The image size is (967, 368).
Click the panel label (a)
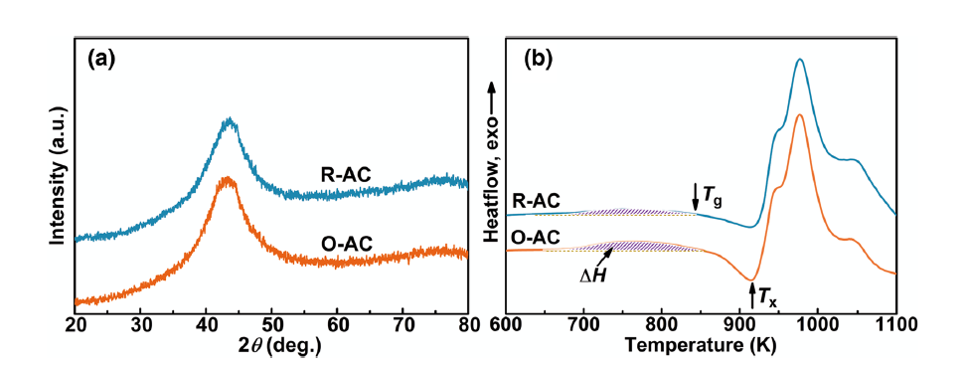tap(101, 60)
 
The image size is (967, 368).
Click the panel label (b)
tap(538, 60)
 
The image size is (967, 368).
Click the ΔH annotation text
tap(592, 276)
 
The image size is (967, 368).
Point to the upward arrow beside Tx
tap(751, 294)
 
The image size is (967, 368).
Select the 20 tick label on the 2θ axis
tap(75, 323)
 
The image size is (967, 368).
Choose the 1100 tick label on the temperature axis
tap(894, 323)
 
